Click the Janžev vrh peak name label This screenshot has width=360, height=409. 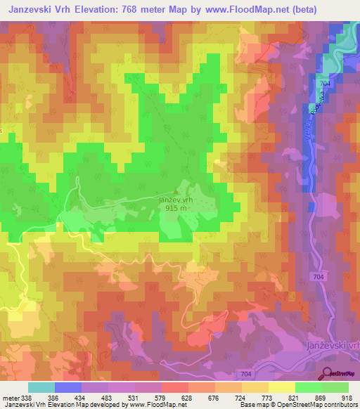point(175,200)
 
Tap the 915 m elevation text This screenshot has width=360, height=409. point(175,208)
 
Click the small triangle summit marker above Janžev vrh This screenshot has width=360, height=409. point(176,191)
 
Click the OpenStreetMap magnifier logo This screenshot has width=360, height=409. point(326,374)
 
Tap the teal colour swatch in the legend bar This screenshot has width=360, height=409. point(41,387)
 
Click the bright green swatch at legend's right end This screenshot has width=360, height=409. point(335,387)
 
